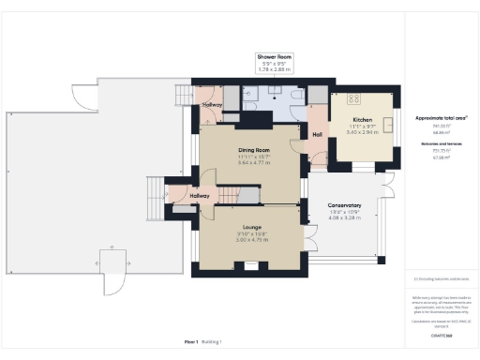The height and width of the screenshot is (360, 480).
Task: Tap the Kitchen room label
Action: pos(363,121)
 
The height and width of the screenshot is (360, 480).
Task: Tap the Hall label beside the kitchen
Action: pos(317,134)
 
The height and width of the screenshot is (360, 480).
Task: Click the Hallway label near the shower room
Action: pos(213,105)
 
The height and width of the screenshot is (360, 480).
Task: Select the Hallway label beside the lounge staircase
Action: pos(199,196)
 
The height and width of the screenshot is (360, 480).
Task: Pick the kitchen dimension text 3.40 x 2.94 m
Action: pos(363,133)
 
